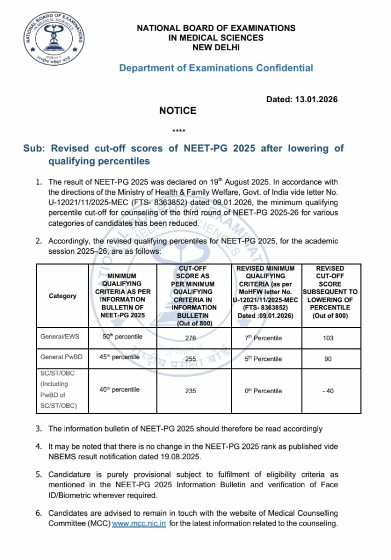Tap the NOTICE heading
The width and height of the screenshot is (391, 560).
177,110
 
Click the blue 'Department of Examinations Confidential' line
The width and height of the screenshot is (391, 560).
216,68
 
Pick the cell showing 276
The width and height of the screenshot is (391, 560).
191,338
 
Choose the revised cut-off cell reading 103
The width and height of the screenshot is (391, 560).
328,338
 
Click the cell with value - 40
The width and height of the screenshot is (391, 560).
328,391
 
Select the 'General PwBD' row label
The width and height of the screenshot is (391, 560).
59,357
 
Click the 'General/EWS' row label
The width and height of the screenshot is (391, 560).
59,337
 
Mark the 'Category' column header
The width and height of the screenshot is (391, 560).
62,296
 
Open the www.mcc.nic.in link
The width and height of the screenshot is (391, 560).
139,524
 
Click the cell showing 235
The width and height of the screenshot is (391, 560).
191,391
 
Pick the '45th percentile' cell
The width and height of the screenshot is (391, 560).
119,357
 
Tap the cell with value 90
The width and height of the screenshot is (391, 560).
328,358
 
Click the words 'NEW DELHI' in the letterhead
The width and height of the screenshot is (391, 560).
216,48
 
